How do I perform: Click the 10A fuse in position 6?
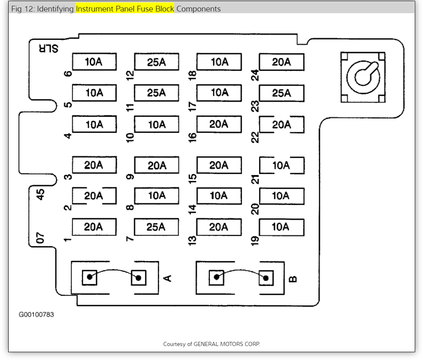point(94,62)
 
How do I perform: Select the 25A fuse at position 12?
point(157,62)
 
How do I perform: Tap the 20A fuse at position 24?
point(281,62)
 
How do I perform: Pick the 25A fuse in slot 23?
point(281,93)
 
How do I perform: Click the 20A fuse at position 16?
point(219,124)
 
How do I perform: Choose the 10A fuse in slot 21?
point(281,165)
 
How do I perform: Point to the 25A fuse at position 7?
point(157,227)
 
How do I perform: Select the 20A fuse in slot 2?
point(94,196)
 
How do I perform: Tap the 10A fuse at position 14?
point(219,196)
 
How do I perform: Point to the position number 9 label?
point(130,177)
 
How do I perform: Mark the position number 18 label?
point(192,74)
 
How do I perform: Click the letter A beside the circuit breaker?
point(168,279)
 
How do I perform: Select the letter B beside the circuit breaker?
point(293,279)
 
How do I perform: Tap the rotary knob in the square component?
point(363,77)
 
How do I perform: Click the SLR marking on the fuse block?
point(48,48)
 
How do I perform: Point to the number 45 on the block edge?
point(40,194)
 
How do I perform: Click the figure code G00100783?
point(36,315)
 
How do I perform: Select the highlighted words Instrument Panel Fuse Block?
point(125,9)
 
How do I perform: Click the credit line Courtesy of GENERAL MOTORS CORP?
point(211,344)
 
